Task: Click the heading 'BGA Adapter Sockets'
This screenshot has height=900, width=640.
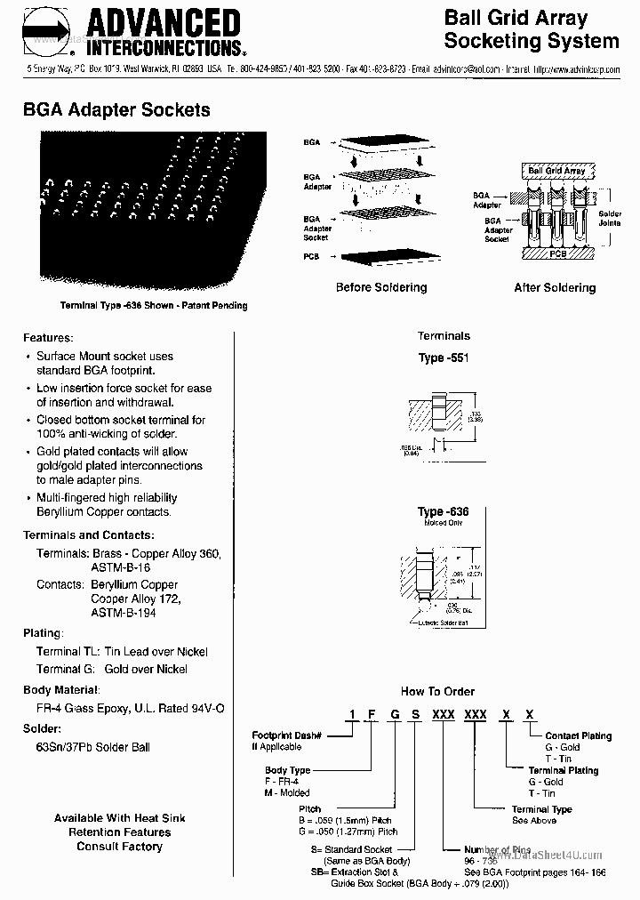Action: pos(116,110)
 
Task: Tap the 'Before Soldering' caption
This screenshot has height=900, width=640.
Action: pos(381,287)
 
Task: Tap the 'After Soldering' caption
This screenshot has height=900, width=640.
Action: pos(555,287)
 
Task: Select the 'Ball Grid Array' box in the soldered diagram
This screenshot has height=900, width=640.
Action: pos(556,170)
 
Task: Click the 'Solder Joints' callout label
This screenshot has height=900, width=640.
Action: pos(610,219)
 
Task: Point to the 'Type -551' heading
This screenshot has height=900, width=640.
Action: pos(444,358)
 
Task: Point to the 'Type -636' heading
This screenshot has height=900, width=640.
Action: pos(443,512)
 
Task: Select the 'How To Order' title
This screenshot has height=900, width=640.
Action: pos(437,691)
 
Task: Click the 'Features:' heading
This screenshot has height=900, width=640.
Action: pos(48,338)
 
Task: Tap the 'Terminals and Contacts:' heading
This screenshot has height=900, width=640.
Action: pos(88,535)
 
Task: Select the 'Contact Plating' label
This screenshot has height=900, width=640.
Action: pos(578,735)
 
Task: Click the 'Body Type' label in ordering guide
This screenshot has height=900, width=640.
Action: pos(287,770)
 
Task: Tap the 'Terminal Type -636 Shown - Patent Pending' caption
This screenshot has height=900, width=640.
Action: pos(153,305)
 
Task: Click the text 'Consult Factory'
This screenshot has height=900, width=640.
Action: pos(119,847)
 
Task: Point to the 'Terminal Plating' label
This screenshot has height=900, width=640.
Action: pos(563,770)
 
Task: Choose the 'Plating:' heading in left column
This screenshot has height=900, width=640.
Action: pos(43,633)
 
